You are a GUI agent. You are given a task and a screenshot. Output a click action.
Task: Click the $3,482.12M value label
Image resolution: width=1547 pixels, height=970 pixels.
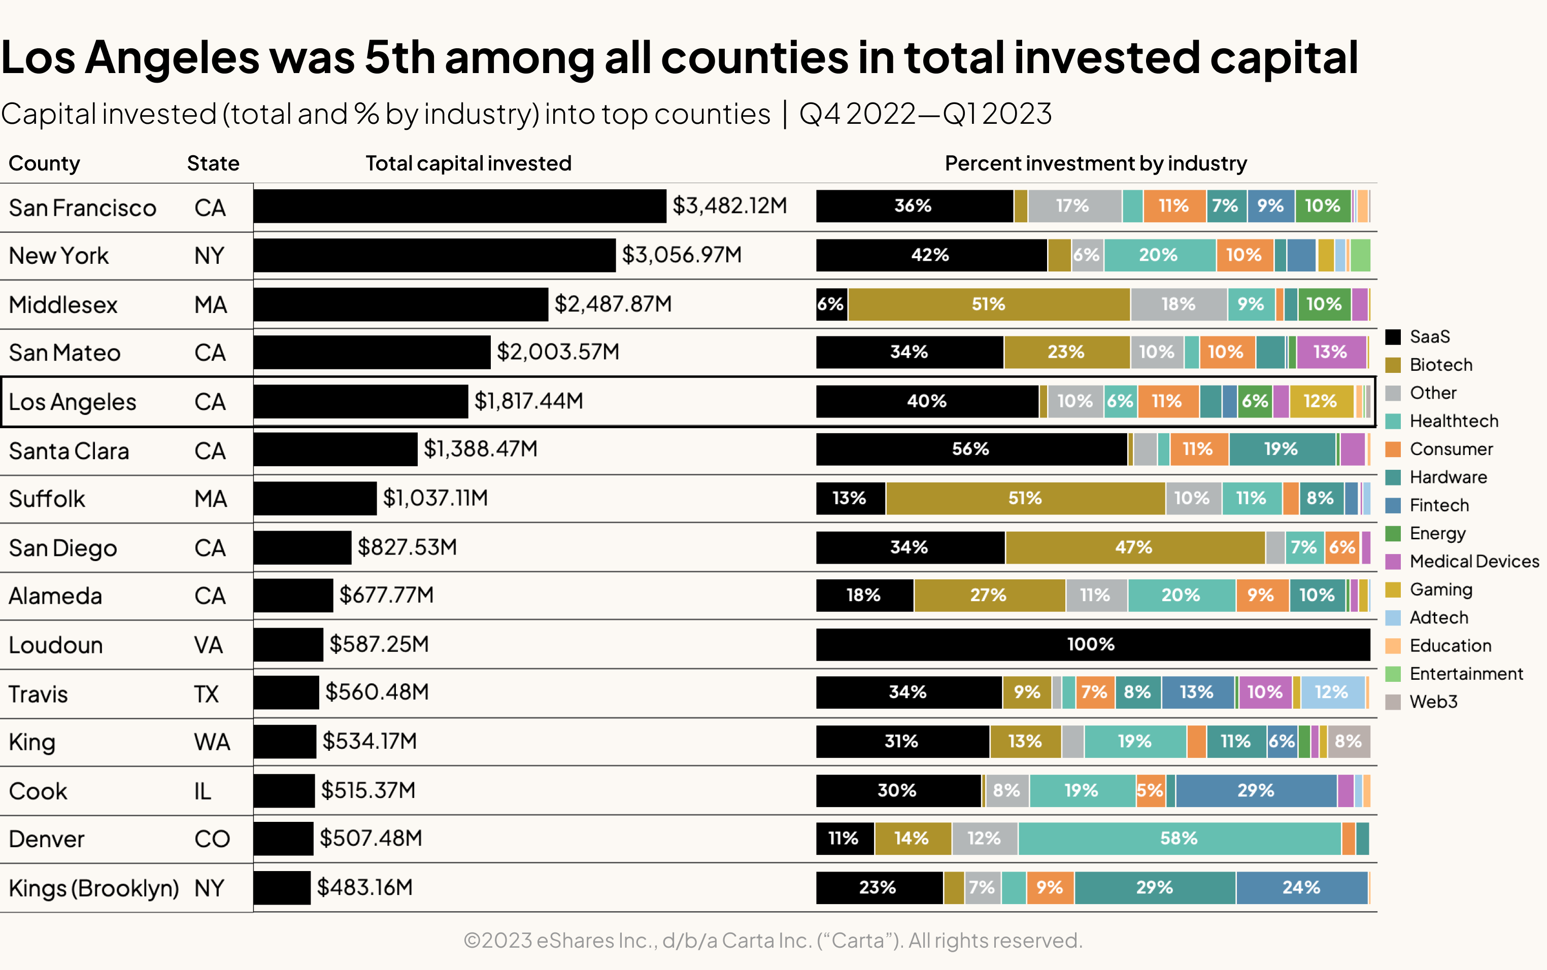pos(729,206)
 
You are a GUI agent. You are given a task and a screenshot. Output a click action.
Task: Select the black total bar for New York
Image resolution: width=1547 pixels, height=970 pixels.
pos(434,255)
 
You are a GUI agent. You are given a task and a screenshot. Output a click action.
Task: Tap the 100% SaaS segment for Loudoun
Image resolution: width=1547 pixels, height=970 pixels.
pos(1092,644)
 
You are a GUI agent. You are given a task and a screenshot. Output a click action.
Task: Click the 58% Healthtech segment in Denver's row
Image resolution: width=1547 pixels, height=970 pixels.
pos(1179,839)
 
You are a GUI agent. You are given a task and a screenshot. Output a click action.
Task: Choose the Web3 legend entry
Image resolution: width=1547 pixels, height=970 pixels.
pos(1432,702)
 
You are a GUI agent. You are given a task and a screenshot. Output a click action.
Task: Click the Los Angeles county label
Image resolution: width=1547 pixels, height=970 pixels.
pos(73,402)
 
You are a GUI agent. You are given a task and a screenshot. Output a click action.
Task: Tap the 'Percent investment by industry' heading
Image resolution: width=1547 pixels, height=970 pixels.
pos(1095,163)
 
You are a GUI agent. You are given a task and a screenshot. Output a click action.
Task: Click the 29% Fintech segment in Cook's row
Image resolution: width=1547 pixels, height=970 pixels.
pos(1256,790)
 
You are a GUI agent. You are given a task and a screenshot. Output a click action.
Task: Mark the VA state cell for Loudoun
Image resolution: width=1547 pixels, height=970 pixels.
pos(209,645)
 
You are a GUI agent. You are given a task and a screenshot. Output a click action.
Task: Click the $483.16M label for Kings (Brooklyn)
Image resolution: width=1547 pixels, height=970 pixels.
pos(364,888)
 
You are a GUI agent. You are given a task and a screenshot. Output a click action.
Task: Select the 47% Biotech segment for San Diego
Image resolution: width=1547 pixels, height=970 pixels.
pos(1134,547)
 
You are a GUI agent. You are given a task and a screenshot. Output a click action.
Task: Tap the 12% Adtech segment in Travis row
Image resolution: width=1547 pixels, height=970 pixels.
pos(1332,692)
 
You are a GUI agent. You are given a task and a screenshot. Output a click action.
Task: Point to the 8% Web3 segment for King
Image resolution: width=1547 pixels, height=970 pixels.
pos(1348,742)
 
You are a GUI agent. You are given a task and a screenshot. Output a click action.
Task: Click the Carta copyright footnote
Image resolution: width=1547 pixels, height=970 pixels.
pos(772,941)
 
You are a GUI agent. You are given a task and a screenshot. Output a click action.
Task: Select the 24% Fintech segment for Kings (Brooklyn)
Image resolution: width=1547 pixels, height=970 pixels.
pos(1301,888)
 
